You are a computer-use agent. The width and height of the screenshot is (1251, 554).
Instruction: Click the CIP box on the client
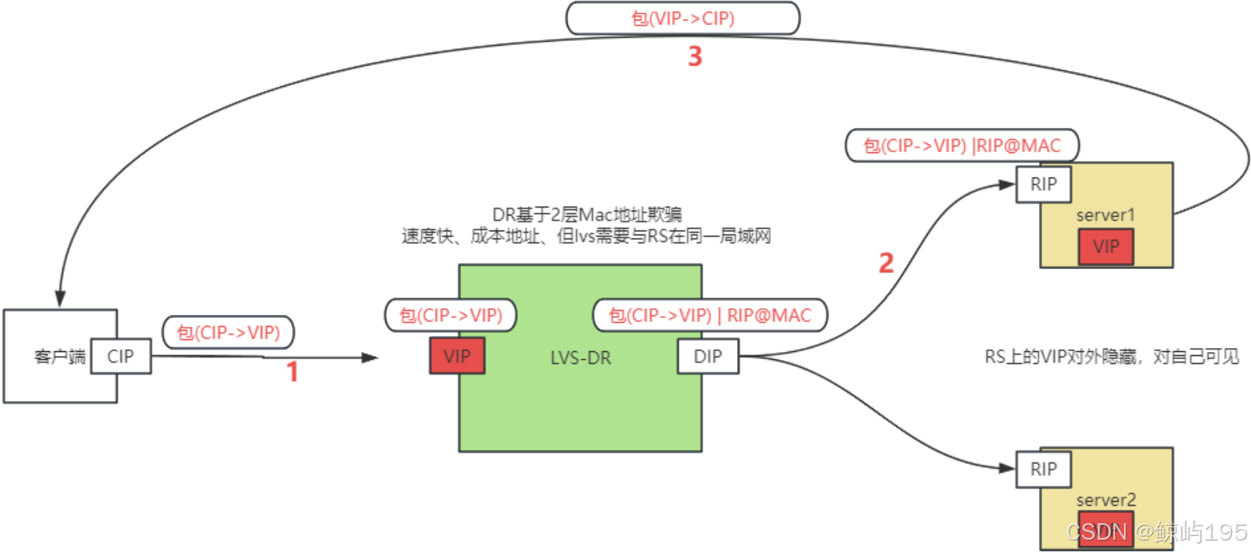(x=121, y=356)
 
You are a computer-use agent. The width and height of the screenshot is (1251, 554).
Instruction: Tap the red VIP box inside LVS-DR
(x=457, y=356)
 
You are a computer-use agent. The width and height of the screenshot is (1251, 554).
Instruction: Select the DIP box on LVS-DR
(x=708, y=356)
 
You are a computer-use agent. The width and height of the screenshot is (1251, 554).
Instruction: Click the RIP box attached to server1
(x=1044, y=184)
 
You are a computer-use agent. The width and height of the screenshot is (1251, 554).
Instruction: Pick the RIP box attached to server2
(x=1044, y=469)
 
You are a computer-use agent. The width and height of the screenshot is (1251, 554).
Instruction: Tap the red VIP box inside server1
(x=1106, y=246)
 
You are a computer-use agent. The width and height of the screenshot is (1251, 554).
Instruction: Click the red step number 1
(x=292, y=372)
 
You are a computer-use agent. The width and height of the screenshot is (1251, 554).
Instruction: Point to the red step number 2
(x=886, y=263)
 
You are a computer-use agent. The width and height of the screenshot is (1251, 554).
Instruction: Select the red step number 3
(x=694, y=56)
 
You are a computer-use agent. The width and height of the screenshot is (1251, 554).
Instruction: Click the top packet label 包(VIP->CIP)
(x=683, y=18)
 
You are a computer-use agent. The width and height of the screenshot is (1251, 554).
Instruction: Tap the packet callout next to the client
(x=228, y=332)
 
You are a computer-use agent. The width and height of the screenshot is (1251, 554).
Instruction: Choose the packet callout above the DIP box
(x=709, y=315)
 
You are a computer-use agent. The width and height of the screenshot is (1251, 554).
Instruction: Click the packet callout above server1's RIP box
(x=962, y=145)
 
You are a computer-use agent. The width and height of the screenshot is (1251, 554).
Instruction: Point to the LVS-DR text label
(x=580, y=357)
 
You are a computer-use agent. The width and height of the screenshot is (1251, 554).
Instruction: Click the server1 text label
(x=1105, y=215)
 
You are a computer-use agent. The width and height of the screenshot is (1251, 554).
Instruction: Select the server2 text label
(x=1105, y=500)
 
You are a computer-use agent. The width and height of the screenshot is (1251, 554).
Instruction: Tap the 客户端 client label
(x=60, y=357)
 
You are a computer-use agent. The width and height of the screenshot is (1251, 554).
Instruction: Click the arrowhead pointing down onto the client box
(x=60, y=299)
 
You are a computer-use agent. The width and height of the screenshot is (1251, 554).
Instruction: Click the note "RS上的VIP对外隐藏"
(x=1111, y=357)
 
